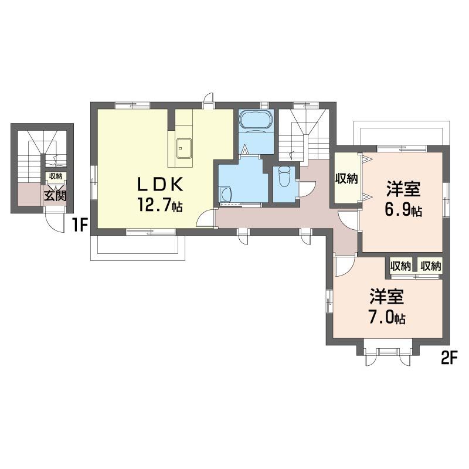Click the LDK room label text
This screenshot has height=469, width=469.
pyautogui.click(x=159, y=185)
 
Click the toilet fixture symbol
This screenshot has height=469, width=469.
pyautogui.click(x=284, y=176)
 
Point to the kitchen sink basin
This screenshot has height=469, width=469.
pyautogui.click(x=183, y=148)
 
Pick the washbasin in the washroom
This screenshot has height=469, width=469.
pyautogui.click(x=225, y=195)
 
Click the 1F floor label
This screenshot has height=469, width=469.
pyautogui.click(x=79, y=225)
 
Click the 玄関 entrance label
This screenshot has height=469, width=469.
pyautogui.click(x=55, y=196)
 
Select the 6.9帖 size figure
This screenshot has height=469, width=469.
pyautogui.click(x=403, y=210)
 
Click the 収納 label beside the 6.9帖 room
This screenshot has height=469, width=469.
pyautogui.click(x=346, y=179)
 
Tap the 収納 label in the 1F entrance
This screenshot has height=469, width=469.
pyautogui.click(x=56, y=176)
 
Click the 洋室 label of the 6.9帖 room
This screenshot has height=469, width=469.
pyautogui.click(x=403, y=189)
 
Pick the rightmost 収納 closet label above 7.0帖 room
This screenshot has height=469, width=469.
pyautogui.click(x=431, y=266)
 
